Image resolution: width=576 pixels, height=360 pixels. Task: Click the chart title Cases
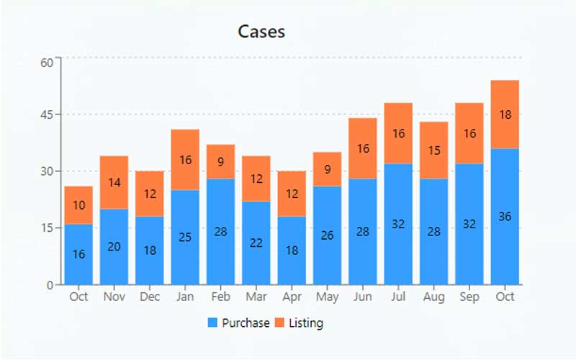point(261,32)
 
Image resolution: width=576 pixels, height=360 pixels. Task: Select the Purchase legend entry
point(238,323)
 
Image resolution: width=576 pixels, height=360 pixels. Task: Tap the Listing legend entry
point(299,323)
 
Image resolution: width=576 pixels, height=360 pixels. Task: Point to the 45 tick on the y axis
point(47,115)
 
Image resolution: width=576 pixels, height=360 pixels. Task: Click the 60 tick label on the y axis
point(47,62)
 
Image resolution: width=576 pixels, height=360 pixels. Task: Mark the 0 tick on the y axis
point(50,285)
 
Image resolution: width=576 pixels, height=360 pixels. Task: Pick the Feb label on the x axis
point(220,297)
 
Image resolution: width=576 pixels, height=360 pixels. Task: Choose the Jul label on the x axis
point(398,297)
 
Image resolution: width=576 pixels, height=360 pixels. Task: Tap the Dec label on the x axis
point(150,297)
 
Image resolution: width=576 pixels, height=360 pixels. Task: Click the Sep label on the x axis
point(469,297)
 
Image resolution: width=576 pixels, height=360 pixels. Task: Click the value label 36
point(505,217)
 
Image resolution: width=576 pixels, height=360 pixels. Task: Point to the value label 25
point(185,238)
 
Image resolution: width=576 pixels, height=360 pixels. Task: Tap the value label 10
point(78,205)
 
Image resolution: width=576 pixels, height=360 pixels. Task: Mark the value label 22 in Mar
point(256,243)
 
